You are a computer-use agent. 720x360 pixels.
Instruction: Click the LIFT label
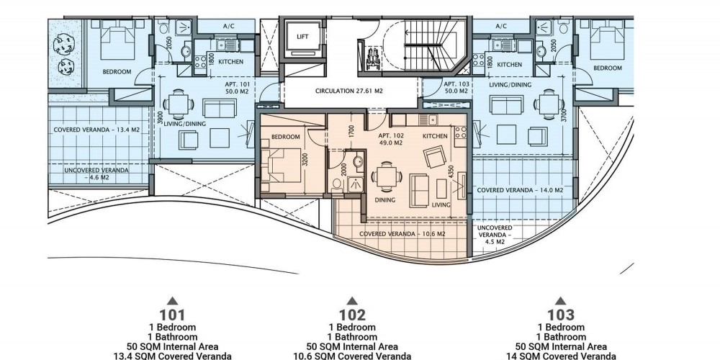(x=302, y=37)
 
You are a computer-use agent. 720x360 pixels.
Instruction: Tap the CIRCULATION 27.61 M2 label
(x=349, y=91)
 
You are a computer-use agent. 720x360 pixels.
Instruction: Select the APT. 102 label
(x=390, y=140)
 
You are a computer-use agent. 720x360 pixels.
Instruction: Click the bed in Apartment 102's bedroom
(x=281, y=166)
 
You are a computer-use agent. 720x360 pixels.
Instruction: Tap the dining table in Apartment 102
(x=386, y=176)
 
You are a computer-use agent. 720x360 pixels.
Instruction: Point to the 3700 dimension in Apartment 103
(x=564, y=115)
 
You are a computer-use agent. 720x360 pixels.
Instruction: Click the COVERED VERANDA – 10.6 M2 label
(x=402, y=234)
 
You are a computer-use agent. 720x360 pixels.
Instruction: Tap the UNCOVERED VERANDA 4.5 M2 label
(x=495, y=235)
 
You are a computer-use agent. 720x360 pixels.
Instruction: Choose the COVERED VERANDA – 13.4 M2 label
(x=96, y=130)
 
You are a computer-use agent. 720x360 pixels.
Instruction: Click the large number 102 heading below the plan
(x=352, y=315)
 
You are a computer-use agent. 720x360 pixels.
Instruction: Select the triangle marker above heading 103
(x=561, y=301)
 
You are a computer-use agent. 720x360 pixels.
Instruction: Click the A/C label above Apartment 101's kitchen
(x=229, y=26)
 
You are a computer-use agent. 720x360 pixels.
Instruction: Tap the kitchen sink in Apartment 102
(x=431, y=120)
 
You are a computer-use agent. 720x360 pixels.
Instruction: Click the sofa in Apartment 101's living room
(x=220, y=109)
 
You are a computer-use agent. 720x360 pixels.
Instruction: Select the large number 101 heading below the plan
(x=172, y=315)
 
